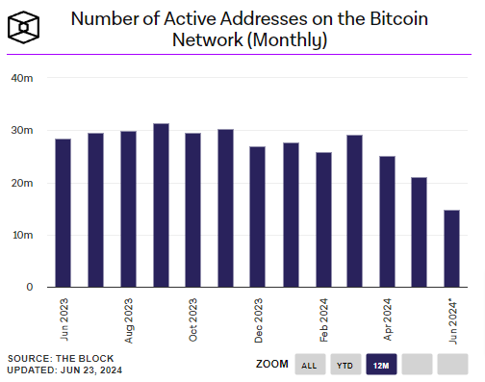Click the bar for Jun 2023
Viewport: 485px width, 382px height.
[63, 213]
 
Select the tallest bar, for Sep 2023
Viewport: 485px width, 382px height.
[161, 205]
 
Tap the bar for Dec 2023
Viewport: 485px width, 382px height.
[257, 216]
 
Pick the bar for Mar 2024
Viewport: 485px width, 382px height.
[355, 211]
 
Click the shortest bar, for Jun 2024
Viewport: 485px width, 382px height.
[451, 248]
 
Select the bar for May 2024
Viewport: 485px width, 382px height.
[419, 232]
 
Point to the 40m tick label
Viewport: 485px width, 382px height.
[21, 78]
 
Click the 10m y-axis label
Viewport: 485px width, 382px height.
[21, 235]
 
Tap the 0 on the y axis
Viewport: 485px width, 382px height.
[29, 287]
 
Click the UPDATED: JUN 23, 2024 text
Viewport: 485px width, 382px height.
[64, 369]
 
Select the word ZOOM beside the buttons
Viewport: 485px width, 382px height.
[272, 365]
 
